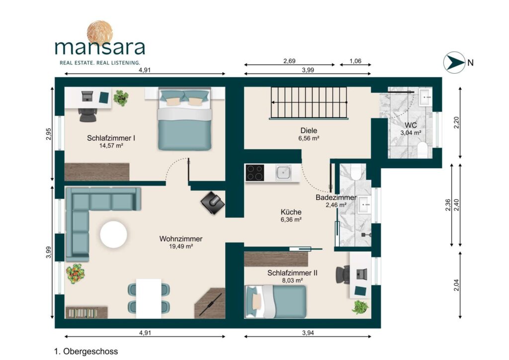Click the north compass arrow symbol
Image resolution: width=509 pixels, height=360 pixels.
(x=454, y=62)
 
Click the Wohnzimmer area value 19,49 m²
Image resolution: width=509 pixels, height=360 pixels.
(x=181, y=247)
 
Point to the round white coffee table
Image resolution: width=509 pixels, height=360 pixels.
(x=114, y=234)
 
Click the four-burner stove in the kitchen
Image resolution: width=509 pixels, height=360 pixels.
(x=255, y=173)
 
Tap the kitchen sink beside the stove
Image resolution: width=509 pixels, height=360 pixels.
(x=283, y=173)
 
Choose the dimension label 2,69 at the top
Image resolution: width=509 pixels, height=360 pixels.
(x=289, y=61)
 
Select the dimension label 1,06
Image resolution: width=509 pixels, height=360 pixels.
(x=355, y=61)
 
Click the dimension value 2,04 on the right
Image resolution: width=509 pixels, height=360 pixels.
(x=456, y=285)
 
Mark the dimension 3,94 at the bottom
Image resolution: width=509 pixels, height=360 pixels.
(x=308, y=333)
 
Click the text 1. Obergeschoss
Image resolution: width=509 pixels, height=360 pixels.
(x=86, y=351)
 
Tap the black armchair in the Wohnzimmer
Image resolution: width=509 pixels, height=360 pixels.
(x=213, y=202)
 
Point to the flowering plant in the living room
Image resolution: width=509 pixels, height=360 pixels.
(x=76, y=273)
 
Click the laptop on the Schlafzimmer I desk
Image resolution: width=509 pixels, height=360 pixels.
(x=87, y=96)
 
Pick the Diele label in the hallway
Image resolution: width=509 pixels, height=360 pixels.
(x=309, y=130)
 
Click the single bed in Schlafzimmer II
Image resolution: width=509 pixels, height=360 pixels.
(x=275, y=301)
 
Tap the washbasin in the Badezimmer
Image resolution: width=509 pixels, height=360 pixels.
(x=364, y=205)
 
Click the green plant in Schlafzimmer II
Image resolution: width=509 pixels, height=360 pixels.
(x=360, y=307)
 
